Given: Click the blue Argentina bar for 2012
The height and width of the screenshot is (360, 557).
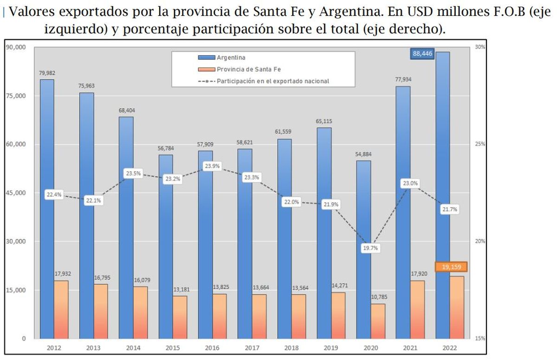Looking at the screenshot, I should [46, 139].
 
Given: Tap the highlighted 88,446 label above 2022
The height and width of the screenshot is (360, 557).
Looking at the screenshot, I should [422, 54].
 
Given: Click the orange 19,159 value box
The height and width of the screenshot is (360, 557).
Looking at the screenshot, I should [451, 267].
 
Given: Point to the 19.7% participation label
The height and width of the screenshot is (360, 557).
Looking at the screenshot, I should [370, 248].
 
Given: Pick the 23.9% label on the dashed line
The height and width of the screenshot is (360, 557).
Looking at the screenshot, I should [212, 166].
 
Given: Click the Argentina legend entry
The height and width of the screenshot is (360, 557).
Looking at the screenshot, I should [231, 58].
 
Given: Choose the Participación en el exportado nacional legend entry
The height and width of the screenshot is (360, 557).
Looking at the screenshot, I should [273, 81].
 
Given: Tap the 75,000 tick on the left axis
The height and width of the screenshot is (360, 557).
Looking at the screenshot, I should [16, 96].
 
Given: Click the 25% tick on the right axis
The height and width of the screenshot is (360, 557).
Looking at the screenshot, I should [480, 144].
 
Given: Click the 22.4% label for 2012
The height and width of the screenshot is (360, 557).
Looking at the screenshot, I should [54, 195].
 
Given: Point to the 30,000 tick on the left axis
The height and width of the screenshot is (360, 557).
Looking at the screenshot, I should [16, 241].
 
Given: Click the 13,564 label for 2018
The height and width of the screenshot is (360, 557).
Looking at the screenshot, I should [299, 288].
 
